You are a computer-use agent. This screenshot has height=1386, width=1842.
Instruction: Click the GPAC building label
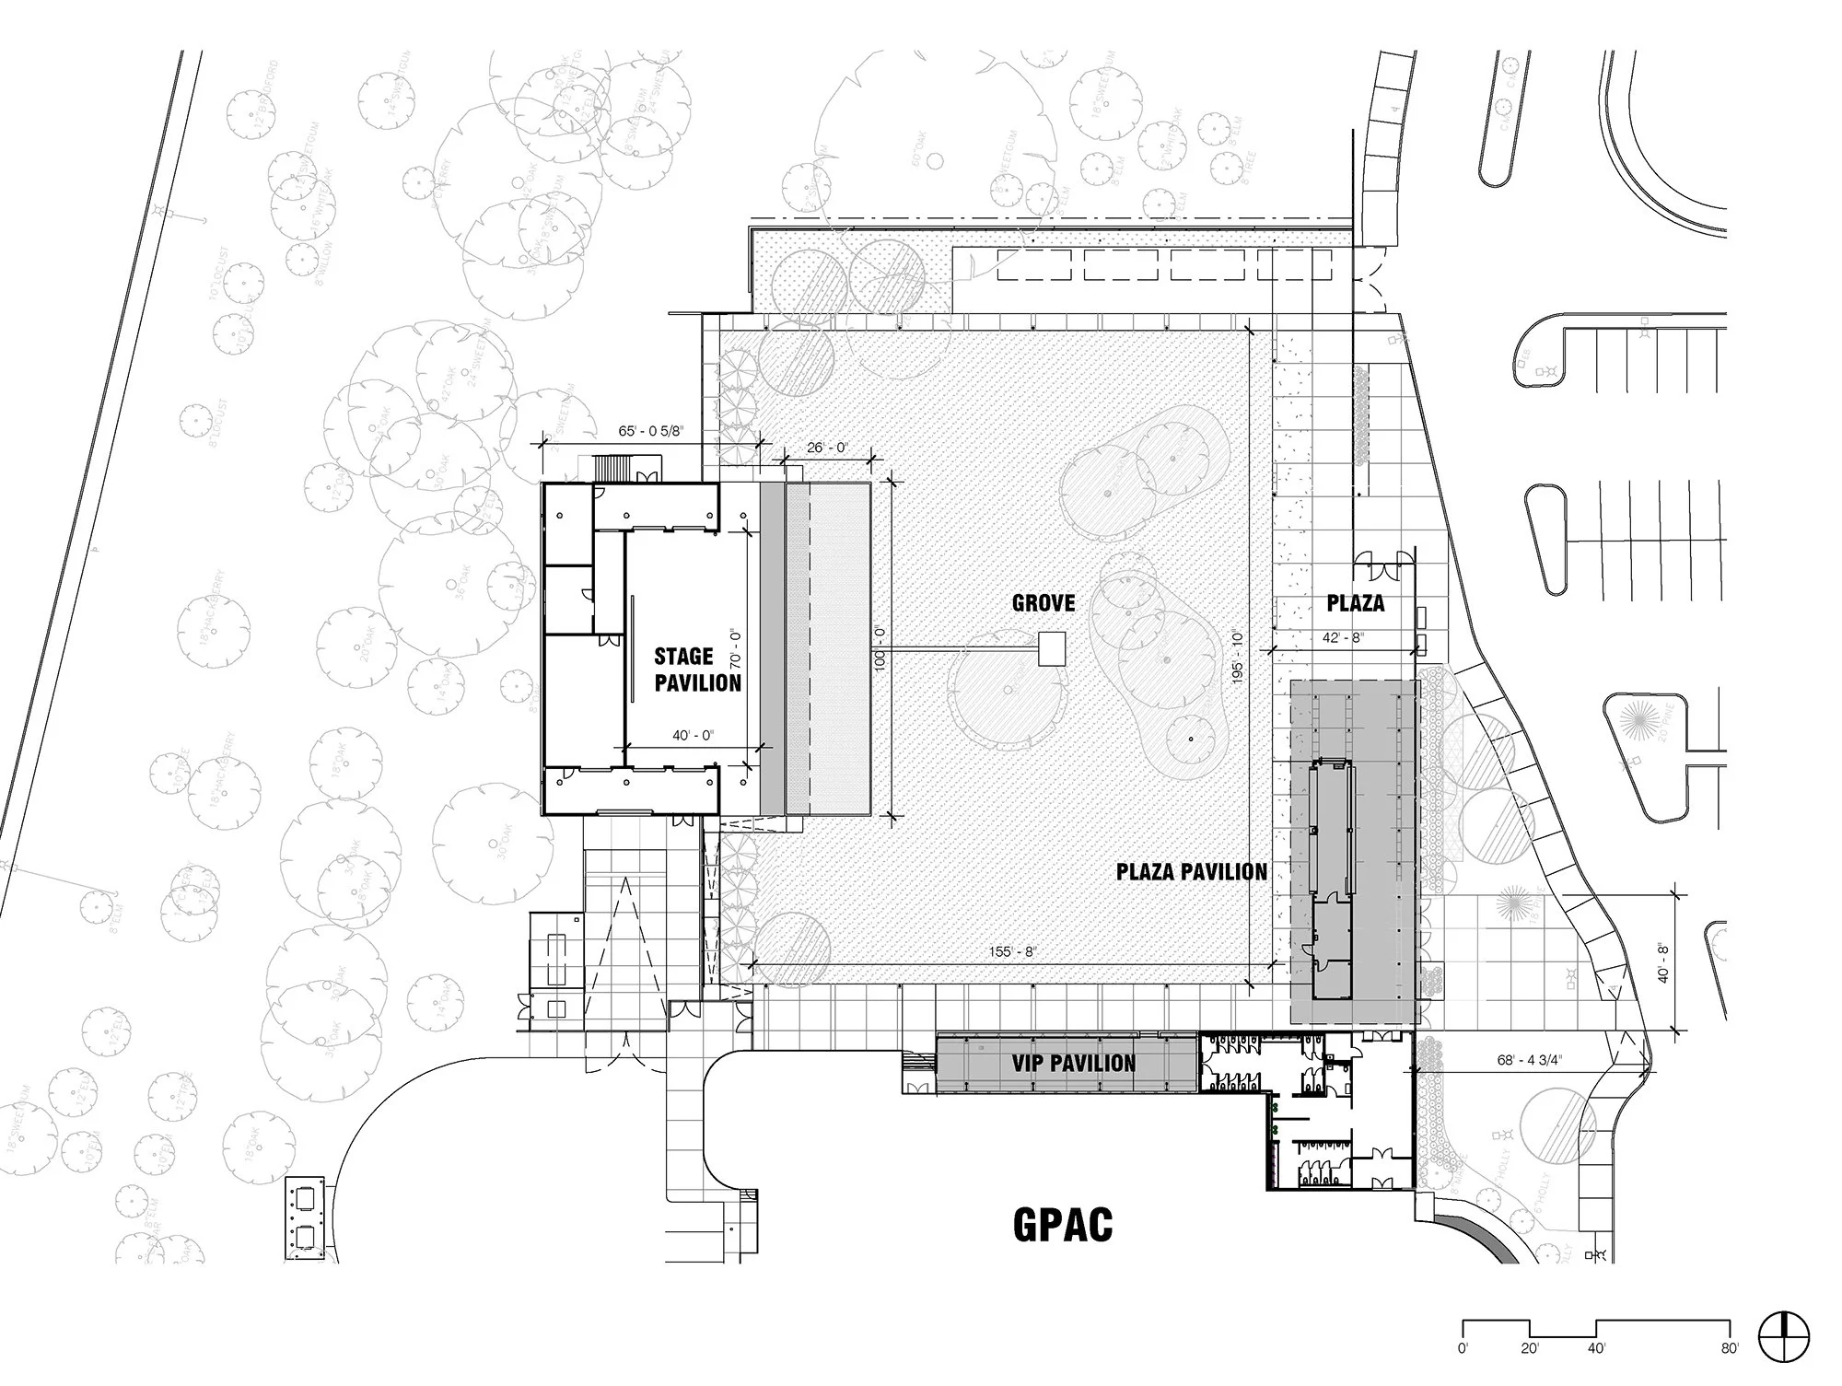point(1063,1224)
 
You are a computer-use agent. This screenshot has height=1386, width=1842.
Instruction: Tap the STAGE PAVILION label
point(697,670)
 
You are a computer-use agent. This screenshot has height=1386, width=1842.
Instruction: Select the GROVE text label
point(1043,603)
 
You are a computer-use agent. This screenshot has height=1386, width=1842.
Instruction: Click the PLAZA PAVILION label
point(1191,871)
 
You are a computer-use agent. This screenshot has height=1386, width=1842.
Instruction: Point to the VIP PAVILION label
point(1073,1064)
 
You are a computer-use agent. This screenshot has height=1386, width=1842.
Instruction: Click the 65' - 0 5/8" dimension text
point(651,431)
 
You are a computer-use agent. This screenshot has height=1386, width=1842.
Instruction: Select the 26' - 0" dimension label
point(827,448)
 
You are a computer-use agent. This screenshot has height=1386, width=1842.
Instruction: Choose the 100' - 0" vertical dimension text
point(880,648)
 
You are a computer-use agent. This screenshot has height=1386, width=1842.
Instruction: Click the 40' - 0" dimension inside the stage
point(694,735)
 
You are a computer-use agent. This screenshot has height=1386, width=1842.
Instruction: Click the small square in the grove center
point(1052,648)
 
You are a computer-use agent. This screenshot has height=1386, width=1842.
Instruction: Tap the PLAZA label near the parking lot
point(1356,603)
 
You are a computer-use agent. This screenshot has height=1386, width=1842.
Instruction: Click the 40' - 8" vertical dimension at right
point(1664,961)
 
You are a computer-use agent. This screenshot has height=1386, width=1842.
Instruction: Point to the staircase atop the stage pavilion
point(611,469)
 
